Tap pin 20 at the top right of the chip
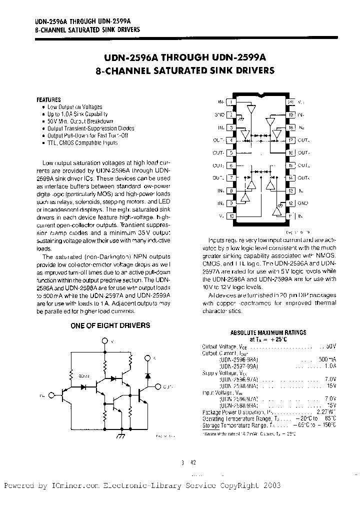(x=290, y=101)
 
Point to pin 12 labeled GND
(x=290, y=203)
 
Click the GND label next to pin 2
(x=219, y=114)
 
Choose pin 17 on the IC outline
(x=290, y=140)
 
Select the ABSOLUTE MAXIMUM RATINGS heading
(x=268, y=332)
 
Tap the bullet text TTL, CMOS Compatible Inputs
(x=82, y=142)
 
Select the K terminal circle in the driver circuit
(x=147, y=358)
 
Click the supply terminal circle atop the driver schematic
(x=104, y=341)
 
